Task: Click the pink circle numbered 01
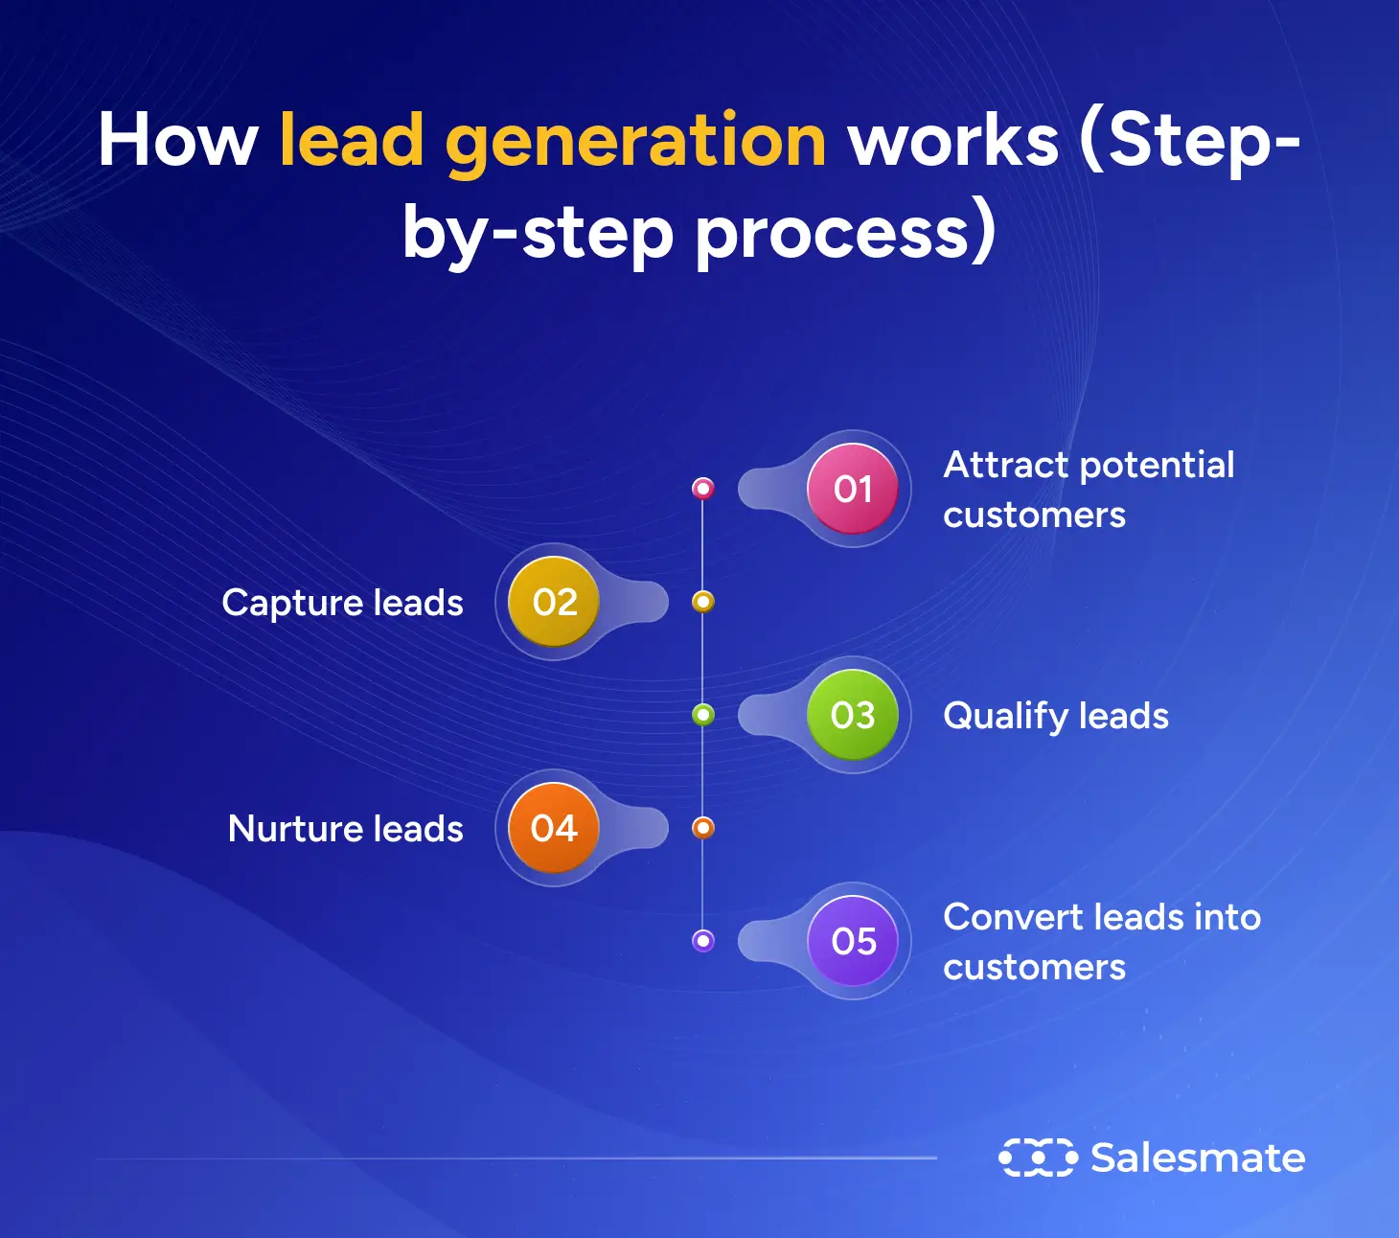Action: tap(853, 489)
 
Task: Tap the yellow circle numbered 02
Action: tap(554, 602)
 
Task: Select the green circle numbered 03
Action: tap(853, 715)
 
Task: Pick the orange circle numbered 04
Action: tap(554, 828)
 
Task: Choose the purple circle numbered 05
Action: tap(853, 941)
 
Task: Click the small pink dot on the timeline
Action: tap(703, 489)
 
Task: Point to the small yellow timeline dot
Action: tap(703, 602)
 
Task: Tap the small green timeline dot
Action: tap(703, 715)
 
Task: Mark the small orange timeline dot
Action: tap(703, 828)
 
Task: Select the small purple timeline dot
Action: tap(703, 941)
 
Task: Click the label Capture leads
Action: tap(342, 603)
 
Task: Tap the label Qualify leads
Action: tap(1056, 716)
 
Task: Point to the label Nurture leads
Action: tap(345, 829)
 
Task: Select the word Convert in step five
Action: tap(1013, 918)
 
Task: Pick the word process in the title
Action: tap(832, 234)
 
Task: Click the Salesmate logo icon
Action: tap(1038, 1158)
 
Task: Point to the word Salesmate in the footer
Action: tap(1198, 1158)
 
